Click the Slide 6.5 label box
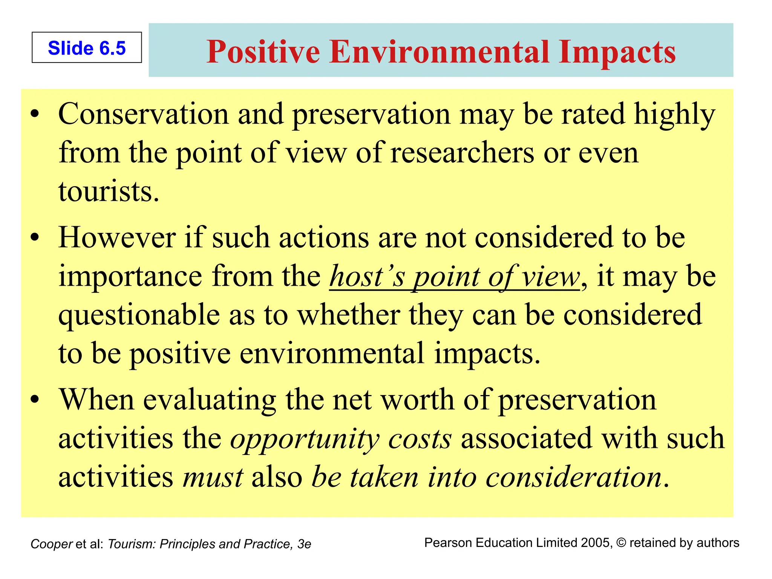pyautogui.click(x=87, y=48)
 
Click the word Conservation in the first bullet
pyautogui.click(x=143, y=114)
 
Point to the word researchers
pyautogui.click(x=462, y=153)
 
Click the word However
pyautogui.click(x=117, y=238)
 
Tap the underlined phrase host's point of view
pyautogui.click(x=454, y=277)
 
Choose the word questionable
pyautogui.click(x=139, y=315)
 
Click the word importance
pyautogui.click(x=130, y=277)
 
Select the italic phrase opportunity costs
pyautogui.click(x=341, y=439)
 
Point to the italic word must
pyautogui.click(x=213, y=477)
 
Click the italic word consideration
pyautogui.click(x=573, y=477)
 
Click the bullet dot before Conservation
pyautogui.click(x=35, y=113)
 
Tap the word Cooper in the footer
pyautogui.click(x=51, y=544)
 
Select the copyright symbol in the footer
pyautogui.click(x=621, y=543)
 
